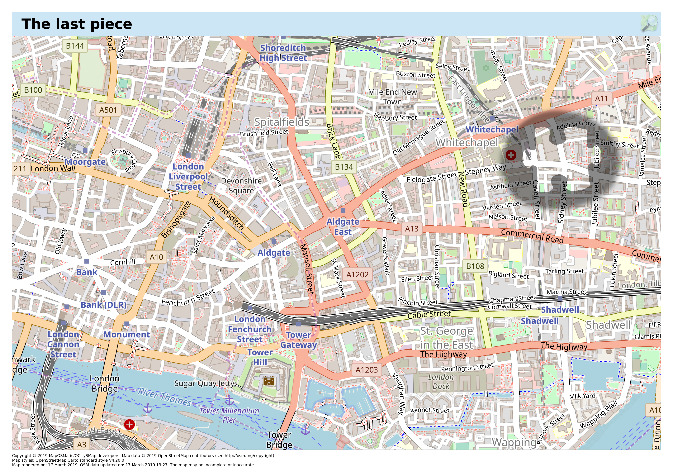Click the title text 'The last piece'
[x=77, y=24]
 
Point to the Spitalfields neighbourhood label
[x=281, y=122]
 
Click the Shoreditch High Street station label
[x=283, y=53]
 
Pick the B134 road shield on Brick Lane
[x=344, y=167]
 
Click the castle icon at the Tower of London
[x=269, y=381]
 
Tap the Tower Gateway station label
[x=298, y=340]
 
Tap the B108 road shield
[x=475, y=266]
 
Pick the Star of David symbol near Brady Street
[x=486, y=68]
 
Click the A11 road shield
[x=601, y=98]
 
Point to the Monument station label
[x=127, y=335]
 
